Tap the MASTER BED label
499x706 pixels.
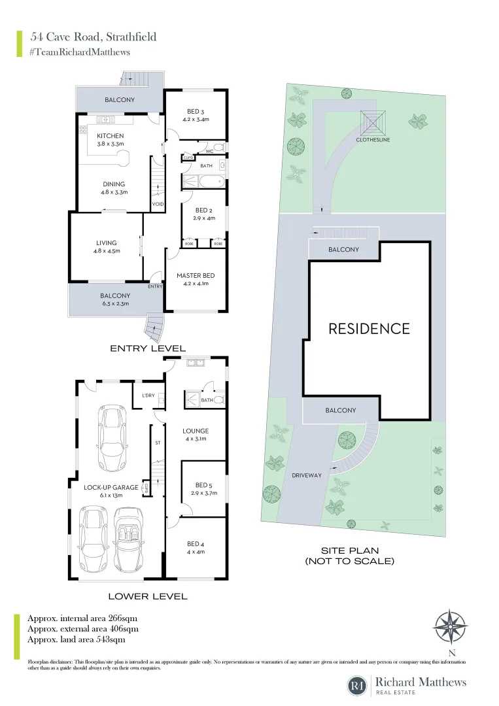[196, 275]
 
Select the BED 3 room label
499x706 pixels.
[196, 111]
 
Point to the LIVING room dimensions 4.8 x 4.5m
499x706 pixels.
[106, 250]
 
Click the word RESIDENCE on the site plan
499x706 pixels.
[369, 329]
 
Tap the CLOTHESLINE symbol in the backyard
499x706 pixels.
[374, 122]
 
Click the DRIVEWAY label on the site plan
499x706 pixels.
[307, 475]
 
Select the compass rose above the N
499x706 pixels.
[450, 627]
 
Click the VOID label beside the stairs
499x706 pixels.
[158, 204]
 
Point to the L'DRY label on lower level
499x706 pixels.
[148, 395]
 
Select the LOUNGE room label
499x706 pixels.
[196, 431]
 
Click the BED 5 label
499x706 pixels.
[203, 485]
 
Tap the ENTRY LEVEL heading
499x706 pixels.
[148, 348]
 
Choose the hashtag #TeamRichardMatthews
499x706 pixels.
[80, 52]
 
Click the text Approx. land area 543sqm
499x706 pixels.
[77, 639]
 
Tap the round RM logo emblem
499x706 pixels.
[357, 686]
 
